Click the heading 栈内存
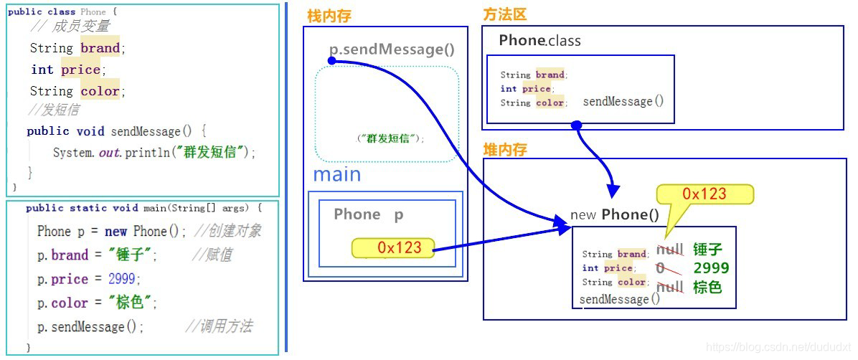tap(329, 16)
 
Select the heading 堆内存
tap(506, 149)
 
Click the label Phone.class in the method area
tap(540, 41)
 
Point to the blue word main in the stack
tap(337, 175)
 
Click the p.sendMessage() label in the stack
tap(392, 49)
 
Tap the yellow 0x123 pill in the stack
tap(393, 248)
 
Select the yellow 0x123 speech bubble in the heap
tap(704, 194)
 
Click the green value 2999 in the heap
tap(711, 268)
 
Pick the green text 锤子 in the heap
tap(707, 250)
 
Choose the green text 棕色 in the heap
tap(707, 287)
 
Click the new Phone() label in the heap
tap(615, 214)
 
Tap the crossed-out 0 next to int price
tap(661, 268)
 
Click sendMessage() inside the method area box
tap(623, 102)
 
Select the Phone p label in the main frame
tap(369, 214)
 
